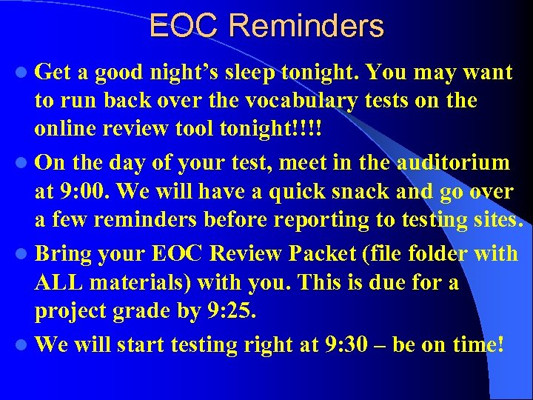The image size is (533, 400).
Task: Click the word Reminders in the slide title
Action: pos(306,26)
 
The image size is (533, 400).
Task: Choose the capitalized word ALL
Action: pos(61,283)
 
